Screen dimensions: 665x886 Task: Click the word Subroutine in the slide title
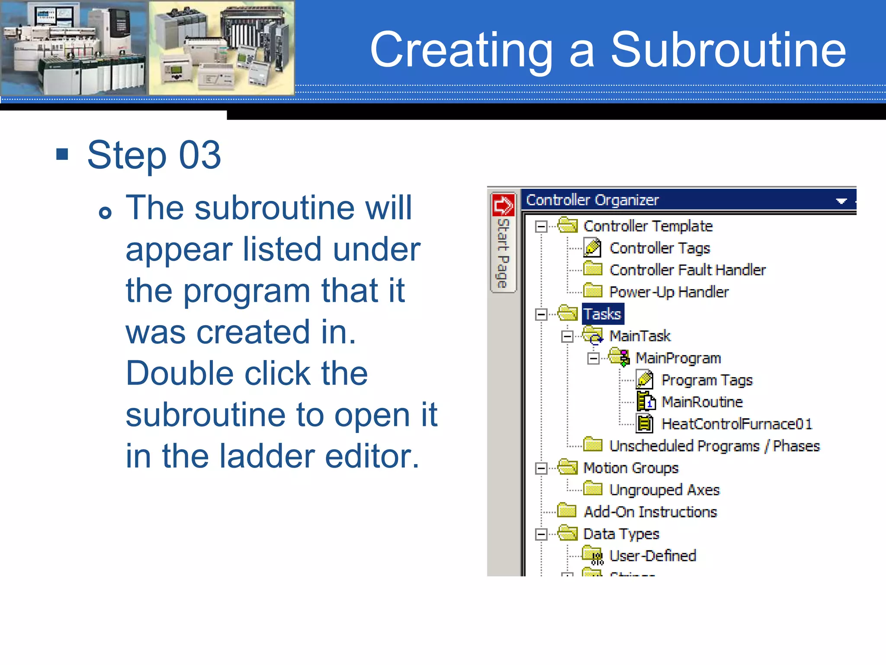[x=728, y=50]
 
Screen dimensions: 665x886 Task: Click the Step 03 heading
[x=154, y=155]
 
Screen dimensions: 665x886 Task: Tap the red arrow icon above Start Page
[x=503, y=205]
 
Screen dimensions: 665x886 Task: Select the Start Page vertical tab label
[x=503, y=253]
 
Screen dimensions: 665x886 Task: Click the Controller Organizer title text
[x=592, y=200]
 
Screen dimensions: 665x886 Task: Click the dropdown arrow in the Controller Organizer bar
[x=841, y=201]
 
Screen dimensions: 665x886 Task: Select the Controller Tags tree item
[x=659, y=248]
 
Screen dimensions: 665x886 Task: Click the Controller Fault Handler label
[x=687, y=270]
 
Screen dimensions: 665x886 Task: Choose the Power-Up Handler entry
[x=668, y=292]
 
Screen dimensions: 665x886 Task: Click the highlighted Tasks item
[x=602, y=314]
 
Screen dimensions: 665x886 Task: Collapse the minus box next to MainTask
[x=567, y=336]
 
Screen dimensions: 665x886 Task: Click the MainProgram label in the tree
[x=678, y=358]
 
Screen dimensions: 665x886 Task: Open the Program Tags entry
[x=706, y=380]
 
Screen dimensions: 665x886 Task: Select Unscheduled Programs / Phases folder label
[x=714, y=446]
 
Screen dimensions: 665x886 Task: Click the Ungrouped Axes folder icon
[x=592, y=489]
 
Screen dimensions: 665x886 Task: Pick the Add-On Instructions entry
[x=650, y=512]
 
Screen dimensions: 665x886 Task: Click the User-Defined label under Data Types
[x=652, y=556]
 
